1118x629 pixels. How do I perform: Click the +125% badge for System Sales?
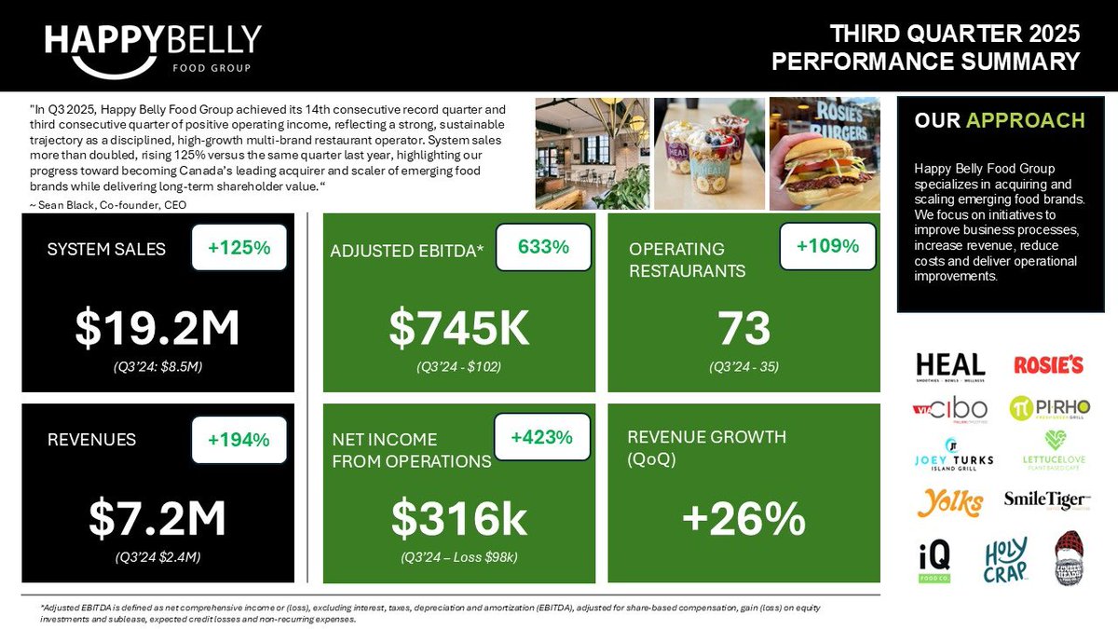coord(239,248)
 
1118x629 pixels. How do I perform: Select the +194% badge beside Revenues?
coord(239,439)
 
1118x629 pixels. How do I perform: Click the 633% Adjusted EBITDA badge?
coord(543,248)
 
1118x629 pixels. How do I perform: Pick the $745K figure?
coord(458,327)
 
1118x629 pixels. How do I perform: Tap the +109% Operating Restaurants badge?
coord(827,246)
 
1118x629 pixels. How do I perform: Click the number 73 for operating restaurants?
coord(744,328)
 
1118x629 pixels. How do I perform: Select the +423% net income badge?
coord(541,436)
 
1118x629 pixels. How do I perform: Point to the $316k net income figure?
coord(458,520)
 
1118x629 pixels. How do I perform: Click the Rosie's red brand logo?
coord(1048,364)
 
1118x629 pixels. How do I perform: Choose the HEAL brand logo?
coord(949,365)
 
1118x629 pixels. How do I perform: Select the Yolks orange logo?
coord(949,503)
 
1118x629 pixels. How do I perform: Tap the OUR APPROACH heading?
coord(999,120)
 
